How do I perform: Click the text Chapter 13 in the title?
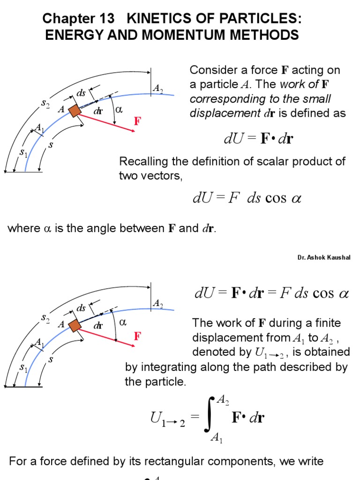78,19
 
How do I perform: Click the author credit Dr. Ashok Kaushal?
323,257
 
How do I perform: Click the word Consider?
211,70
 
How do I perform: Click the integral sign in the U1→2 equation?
210,415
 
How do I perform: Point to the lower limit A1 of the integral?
217,438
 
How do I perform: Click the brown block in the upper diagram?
75,111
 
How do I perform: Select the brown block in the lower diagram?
75,325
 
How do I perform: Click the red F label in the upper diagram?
137,122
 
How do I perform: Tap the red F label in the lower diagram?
137,336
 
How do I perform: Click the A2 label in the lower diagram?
158,304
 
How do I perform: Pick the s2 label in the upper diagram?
45,104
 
